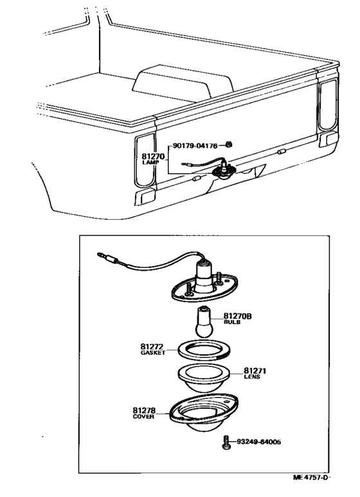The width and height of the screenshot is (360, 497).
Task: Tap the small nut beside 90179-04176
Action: point(230,146)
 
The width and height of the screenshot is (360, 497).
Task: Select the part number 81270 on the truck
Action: point(154,156)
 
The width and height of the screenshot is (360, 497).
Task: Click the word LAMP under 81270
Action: point(152,163)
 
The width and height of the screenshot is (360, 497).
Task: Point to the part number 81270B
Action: point(238,316)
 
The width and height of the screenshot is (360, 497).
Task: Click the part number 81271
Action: point(256,371)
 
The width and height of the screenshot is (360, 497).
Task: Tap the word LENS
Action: point(252,378)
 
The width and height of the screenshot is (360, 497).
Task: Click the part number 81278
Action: point(145,410)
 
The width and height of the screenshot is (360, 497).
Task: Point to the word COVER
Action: point(143,417)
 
